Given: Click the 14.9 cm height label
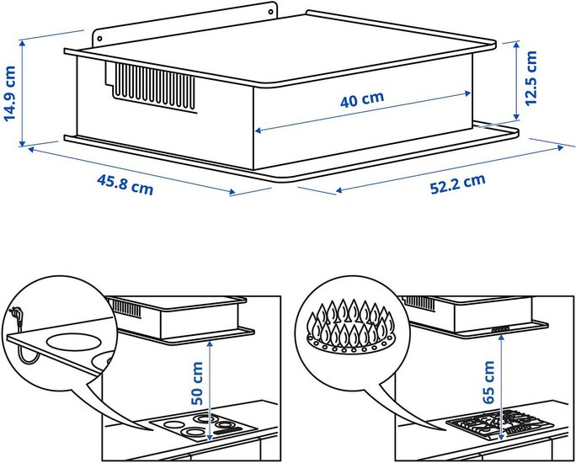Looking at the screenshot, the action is [9, 93].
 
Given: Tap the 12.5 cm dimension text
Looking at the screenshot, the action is [531, 78].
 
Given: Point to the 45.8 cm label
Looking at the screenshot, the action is [125, 184].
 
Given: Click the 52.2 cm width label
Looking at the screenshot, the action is [458, 184].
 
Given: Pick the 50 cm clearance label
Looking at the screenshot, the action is [197, 383].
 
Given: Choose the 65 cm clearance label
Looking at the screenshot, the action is [488, 382].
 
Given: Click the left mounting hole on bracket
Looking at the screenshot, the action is [99, 39].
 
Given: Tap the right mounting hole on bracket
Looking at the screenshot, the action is [270, 12].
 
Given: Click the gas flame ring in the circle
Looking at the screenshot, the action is [350, 326].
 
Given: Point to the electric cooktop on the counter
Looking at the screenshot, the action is [204, 428].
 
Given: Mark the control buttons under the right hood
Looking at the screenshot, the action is [500, 329].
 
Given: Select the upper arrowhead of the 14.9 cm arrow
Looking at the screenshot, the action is [23, 44].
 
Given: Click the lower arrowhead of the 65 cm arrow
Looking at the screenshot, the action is [501, 436].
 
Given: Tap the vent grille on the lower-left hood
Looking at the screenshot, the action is [125, 308].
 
